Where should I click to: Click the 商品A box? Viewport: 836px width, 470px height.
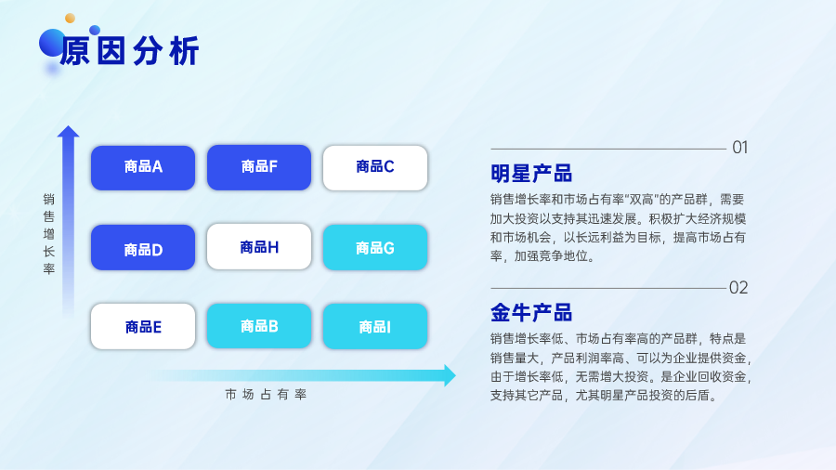pyautogui.click(x=143, y=168)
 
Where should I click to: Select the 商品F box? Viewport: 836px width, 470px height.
pyautogui.click(x=259, y=167)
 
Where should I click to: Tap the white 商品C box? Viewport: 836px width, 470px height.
pyautogui.click(x=375, y=168)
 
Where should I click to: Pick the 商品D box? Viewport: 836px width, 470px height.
pyautogui.click(x=143, y=247)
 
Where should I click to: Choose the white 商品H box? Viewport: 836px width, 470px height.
pyautogui.click(x=259, y=246)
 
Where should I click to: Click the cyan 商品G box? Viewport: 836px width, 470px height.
pyautogui.click(x=375, y=247)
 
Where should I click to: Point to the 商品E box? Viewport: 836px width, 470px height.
pyautogui.click(x=143, y=326)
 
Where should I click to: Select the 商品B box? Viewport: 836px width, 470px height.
pyautogui.click(x=259, y=326)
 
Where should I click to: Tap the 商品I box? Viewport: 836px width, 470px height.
pyautogui.click(x=375, y=326)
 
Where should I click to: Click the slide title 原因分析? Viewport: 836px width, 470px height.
pyautogui.click(x=129, y=51)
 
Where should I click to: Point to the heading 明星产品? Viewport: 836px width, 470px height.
pyautogui.click(x=531, y=173)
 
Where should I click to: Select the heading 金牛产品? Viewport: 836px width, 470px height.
pyautogui.click(x=531, y=313)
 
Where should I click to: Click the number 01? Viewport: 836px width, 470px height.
pyautogui.click(x=740, y=147)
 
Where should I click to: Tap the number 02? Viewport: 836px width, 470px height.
pyautogui.click(x=738, y=288)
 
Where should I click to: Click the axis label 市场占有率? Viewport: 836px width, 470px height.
pyautogui.click(x=266, y=395)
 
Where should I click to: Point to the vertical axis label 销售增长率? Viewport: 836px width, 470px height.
pyautogui.click(x=49, y=233)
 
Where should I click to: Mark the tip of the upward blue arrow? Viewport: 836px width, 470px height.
pyautogui.click(x=68, y=126)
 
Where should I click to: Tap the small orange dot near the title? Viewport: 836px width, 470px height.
pyautogui.click(x=70, y=19)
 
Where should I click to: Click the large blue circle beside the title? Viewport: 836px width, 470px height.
pyautogui.click(x=52, y=43)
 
